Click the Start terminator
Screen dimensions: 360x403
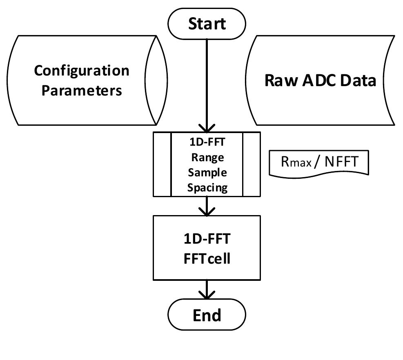207,24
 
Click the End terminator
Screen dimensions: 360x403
207,315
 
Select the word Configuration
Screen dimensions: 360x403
81,71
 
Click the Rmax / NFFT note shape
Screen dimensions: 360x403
318,162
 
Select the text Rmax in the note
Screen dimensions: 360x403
296,162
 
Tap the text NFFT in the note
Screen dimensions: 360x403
341,162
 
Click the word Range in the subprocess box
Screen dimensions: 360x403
207,157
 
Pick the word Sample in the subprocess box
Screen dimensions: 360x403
207,172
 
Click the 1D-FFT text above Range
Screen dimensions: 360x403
207,142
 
